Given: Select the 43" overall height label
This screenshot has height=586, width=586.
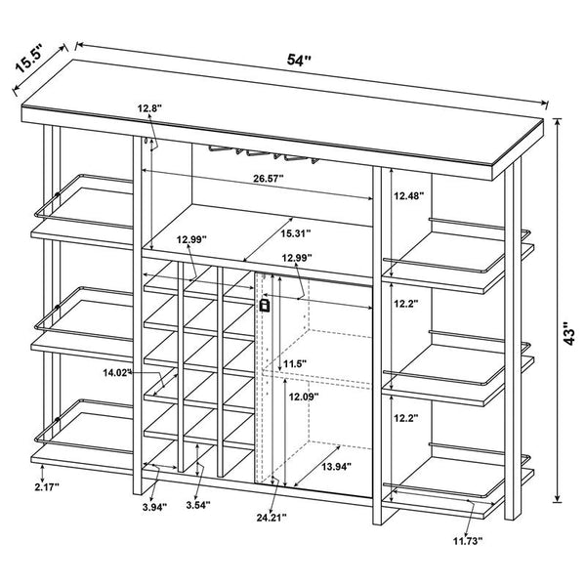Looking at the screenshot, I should coord(570,334).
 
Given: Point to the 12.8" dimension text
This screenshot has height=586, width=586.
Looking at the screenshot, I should coord(149,108).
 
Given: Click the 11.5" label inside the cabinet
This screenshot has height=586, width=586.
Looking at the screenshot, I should coord(295,364).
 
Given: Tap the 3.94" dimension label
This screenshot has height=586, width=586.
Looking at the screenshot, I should coord(152,507).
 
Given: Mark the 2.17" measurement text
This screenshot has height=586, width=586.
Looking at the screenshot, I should coord(47,486).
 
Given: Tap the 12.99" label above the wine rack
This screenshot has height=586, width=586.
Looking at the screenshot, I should coord(195,239).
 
